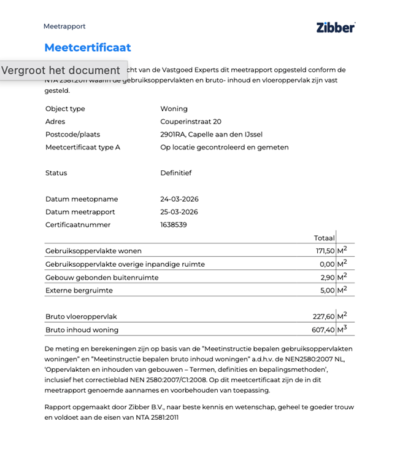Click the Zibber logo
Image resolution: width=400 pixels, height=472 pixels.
pos(336,27)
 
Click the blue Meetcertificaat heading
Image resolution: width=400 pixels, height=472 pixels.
pos(87,47)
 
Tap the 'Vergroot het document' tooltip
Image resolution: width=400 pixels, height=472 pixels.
pos(61,70)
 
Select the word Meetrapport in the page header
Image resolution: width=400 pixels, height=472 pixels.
pos(64,26)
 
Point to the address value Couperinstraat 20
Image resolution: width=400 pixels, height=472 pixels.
pos(191,122)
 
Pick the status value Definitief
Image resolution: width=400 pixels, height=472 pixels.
pos(176,173)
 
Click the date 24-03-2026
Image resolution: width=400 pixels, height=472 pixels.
pos(179,199)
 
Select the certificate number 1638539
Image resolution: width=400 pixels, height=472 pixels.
pos(174,225)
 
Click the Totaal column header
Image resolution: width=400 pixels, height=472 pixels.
pos(324,238)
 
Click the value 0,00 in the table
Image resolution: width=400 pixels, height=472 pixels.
pos(327,264)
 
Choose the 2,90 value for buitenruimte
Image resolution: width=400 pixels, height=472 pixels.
pos(328,277)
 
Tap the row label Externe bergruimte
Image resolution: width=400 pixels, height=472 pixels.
pos(79,290)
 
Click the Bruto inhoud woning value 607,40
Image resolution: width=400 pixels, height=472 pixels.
pos(323,330)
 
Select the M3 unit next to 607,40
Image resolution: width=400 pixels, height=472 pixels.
pos(342,329)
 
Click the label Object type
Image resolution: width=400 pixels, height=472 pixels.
pos(65,109)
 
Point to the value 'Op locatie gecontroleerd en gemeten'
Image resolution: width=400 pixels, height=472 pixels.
pos(225,147)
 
